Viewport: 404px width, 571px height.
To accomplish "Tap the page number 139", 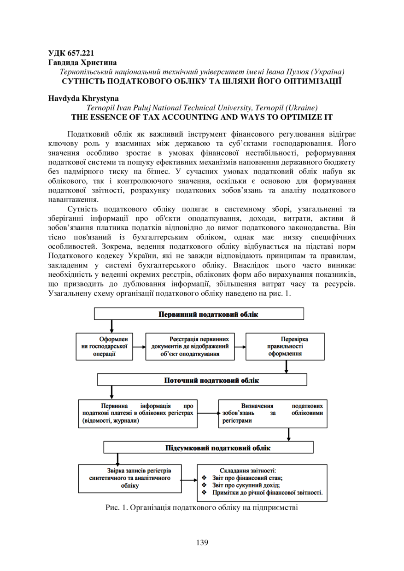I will tap(202, 542).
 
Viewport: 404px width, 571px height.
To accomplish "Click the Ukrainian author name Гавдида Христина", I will tap(82, 62).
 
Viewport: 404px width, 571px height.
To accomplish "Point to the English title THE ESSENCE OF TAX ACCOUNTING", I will tap(202, 117).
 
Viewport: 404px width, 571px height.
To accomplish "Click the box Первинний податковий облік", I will tap(199, 314).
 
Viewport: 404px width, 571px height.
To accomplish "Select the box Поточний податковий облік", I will tap(202, 380).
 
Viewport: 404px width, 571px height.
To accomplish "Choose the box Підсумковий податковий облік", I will tap(208, 447).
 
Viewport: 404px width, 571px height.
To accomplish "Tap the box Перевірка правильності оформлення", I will tap(285, 346).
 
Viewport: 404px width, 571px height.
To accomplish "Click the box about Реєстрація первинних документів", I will tap(190, 346).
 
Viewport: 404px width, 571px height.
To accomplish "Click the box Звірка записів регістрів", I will tap(130, 478).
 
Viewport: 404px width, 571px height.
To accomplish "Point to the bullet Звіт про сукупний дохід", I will tap(246, 485).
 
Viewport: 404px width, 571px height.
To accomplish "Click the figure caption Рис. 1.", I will tap(202, 508).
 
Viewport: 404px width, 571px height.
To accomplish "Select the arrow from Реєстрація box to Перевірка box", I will tap(240, 347).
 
